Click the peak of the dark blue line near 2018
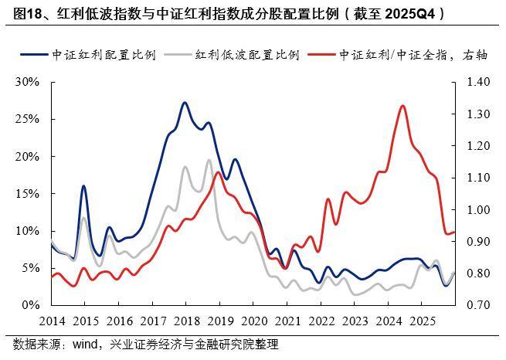coord(185,103)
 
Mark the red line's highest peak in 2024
coord(403,106)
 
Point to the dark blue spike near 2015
coord(83,186)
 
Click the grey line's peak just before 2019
coord(209,160)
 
